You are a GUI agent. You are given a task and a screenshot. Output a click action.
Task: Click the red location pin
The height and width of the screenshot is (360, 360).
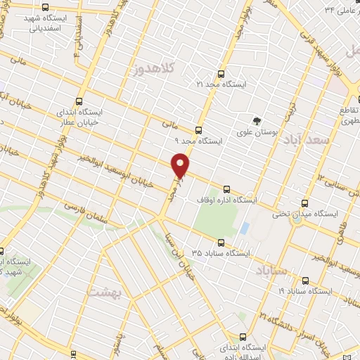(x=181, y=165)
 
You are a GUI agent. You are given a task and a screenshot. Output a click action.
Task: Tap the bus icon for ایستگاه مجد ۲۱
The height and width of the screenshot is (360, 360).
(x=221, y=73)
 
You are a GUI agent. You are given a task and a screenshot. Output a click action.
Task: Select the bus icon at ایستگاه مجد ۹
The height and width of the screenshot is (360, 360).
(x=198, y=130)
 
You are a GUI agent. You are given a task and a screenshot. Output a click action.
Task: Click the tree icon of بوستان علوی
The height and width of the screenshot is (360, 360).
(x=257, y=120)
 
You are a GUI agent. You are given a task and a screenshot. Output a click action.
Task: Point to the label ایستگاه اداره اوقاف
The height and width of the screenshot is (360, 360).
(x=247, y=200)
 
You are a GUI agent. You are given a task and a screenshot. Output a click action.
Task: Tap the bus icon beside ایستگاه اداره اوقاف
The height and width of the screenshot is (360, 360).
(x=226, y=189)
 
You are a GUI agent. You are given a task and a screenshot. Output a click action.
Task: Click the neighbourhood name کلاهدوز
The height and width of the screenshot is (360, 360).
(x=153, y=69)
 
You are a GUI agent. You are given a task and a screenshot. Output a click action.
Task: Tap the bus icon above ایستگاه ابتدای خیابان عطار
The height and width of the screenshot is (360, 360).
(x=78, y=101)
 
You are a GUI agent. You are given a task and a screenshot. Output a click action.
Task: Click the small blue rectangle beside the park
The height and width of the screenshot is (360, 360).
(x=245, y=229)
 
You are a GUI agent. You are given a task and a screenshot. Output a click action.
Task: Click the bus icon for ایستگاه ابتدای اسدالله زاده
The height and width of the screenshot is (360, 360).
(x=243, y=337)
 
